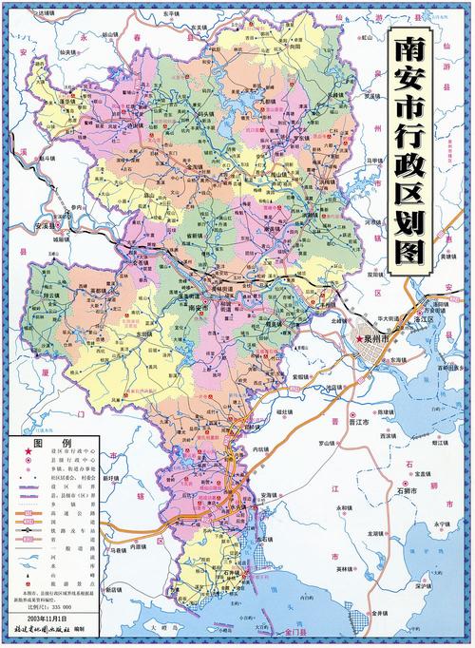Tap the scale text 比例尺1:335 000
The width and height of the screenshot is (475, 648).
coord(57,605)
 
